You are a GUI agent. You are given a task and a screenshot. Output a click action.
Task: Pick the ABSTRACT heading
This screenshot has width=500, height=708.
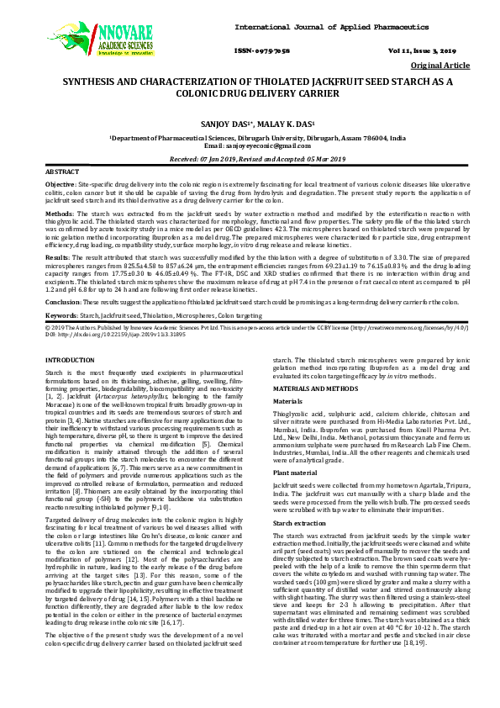pyautogui.click(x=61, y=171)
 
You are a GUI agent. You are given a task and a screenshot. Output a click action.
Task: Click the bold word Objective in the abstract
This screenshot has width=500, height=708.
pyautogui.click(x=60, y=182)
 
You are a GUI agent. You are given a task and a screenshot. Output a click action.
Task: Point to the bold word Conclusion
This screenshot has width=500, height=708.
pyautogui.click(x=63, y=301)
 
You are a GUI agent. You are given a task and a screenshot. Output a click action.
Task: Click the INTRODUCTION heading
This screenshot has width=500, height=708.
pyautogui.click(x=70, y=359)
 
